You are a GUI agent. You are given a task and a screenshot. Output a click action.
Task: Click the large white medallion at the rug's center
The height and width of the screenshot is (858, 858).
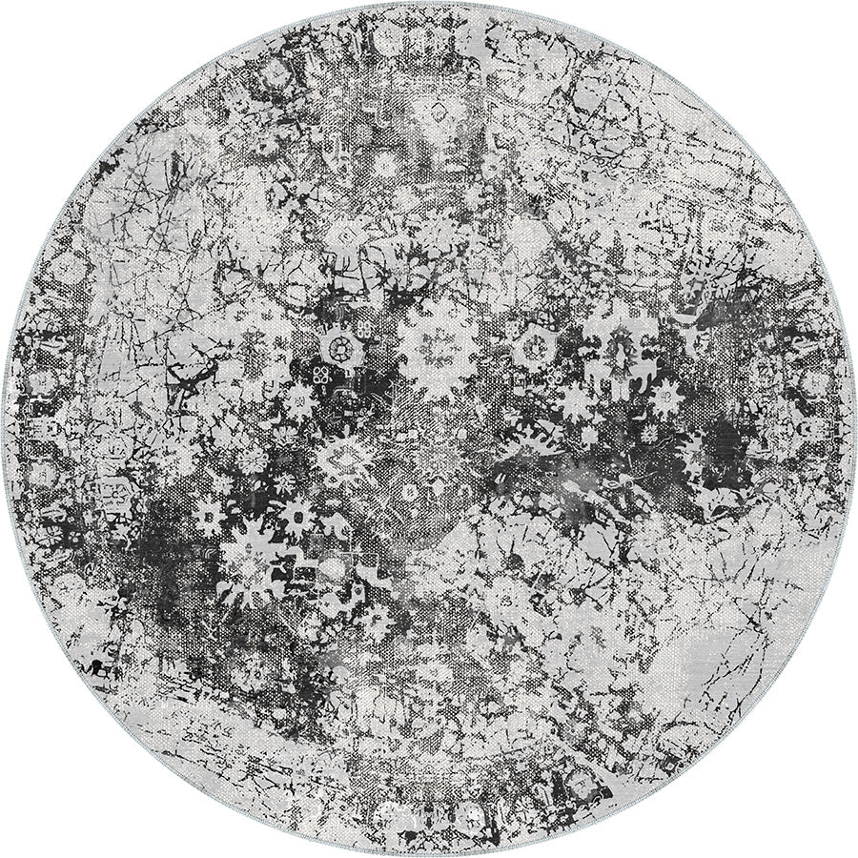(438, 343)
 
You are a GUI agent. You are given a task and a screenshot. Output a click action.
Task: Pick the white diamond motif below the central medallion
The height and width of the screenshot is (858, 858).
(345, 461)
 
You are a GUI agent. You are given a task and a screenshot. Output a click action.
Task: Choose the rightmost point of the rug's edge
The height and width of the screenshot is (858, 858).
(851, 429)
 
